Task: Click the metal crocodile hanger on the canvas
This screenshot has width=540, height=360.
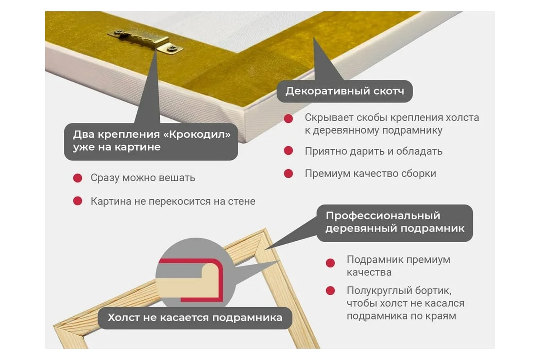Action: click(140, 39)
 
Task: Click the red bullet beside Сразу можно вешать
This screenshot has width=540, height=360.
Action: click(78, 178)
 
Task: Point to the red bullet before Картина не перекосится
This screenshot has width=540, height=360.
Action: click(78, 201)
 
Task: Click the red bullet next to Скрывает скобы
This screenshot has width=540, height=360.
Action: click(288, 118)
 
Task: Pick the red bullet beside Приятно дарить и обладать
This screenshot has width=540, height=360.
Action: click(288, 151)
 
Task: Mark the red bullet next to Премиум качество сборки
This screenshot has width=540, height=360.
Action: click(288, 173)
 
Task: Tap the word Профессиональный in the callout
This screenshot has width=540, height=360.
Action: click(382, 216)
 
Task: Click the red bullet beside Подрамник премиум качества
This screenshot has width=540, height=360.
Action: click(330, 263)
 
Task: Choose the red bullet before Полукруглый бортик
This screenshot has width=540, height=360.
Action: click(330, 290)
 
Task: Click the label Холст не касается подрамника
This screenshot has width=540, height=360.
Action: click(195, 317)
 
